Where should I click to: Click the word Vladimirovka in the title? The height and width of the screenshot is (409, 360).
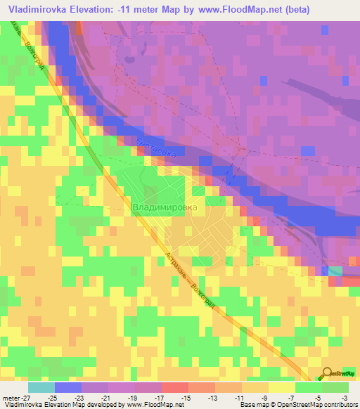click(36, 9)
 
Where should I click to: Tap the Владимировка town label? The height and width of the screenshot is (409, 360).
click(165, 208)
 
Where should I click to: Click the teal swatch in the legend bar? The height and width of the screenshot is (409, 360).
click(41, 387)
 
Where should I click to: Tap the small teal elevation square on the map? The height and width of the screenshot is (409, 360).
click(335, 271)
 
